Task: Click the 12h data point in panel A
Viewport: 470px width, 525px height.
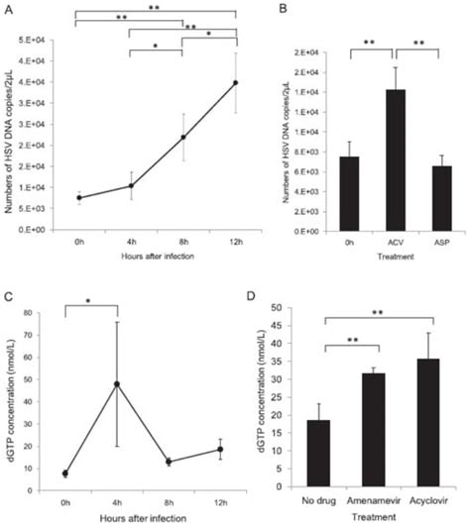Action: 234,83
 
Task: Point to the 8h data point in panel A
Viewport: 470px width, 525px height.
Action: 182,137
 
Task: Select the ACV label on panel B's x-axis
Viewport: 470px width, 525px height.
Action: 369,239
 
